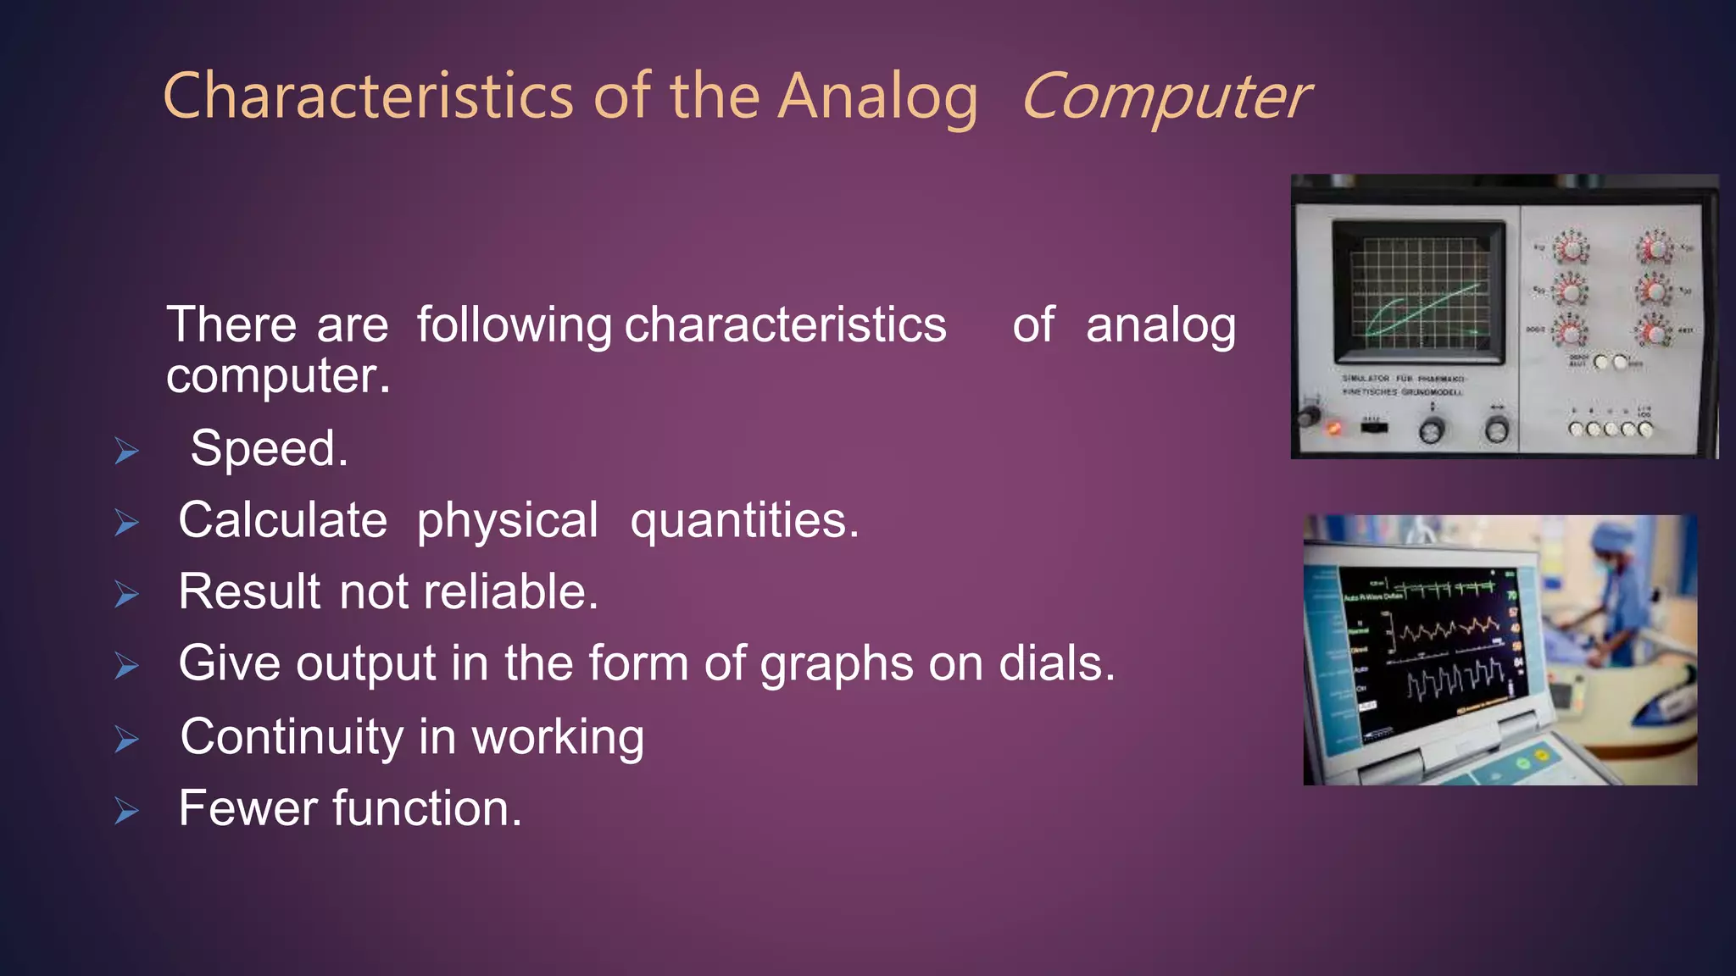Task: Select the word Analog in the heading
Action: (x=878, y=97)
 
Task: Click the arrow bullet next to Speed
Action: (x=126, y=452)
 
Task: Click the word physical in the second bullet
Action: (x=507, y=520)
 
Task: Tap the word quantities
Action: (x=744, y=520)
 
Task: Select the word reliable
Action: (x=510, y=591)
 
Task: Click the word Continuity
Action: (x=292, y=736)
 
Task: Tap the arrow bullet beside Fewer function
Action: (x=126, y=812)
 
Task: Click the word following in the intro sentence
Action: (x=514, y=325)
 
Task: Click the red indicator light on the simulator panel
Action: (x=1333, y=428)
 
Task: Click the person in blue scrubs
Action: (x=1611, y=593)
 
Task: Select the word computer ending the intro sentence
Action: (x=277, y=376)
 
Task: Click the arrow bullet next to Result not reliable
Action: (x=126, y=595)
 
